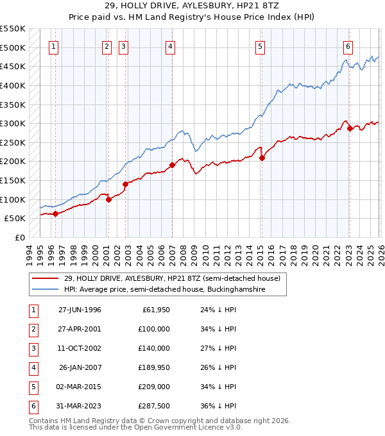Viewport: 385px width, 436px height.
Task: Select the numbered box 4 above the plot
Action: point(170,46)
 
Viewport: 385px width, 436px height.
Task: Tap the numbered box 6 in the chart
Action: point(347,46)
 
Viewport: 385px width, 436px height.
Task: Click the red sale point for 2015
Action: point(262,158)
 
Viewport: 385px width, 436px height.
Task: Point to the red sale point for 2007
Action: point(173,165)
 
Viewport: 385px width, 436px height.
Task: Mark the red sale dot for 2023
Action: point(350,128)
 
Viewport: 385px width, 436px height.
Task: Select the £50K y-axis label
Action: point(15,219)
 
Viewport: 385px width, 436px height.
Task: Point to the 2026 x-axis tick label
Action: point(381,253)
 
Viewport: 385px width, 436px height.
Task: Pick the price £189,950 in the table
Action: point(154,368)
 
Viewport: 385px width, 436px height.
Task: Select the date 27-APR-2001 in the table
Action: point(80,329)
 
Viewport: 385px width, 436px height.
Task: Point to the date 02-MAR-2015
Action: point(80,388)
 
